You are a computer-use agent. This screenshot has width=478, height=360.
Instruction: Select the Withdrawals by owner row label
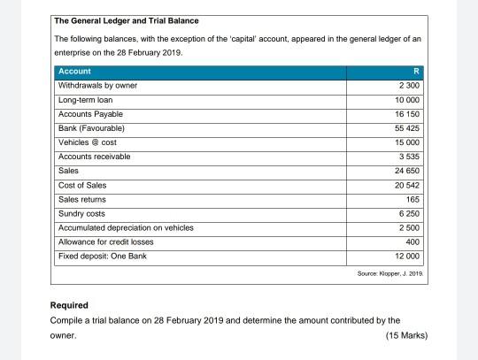click(97, 86)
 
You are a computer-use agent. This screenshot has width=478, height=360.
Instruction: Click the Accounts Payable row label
click(90, 114)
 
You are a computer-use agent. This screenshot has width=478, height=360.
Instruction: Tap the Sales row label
click(68, 170)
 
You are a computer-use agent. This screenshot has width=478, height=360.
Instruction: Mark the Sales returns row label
click(83, 198)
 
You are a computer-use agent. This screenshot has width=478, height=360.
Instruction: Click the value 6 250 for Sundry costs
click(409, 213)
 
